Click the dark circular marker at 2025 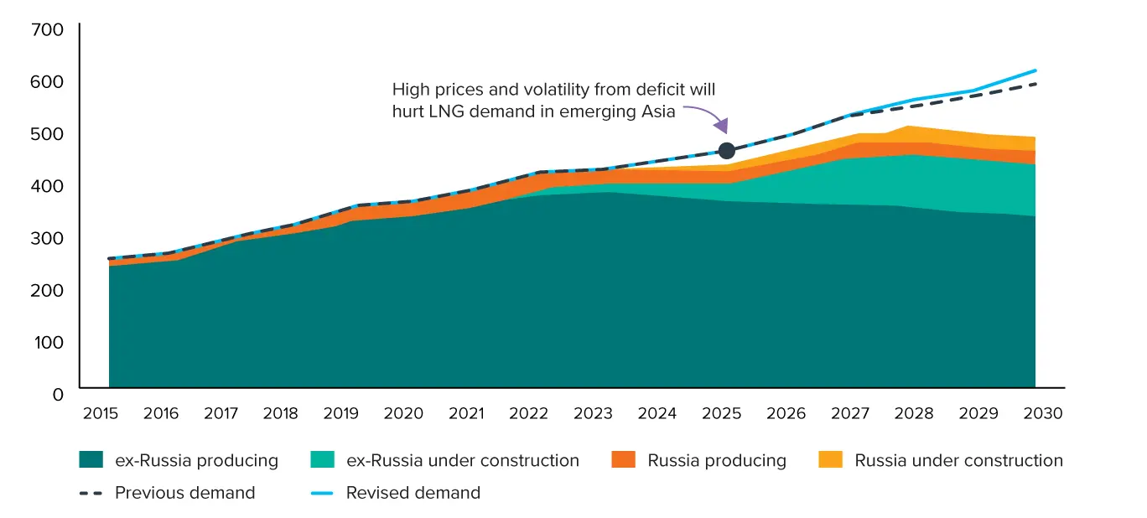click(727, 151)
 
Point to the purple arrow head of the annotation click(721, 126)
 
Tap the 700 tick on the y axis click(47, 29)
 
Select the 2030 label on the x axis click(1042, 413)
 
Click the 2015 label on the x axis click(101, 413)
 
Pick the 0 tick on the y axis click(58, 395)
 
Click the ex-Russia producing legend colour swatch click(91, 459)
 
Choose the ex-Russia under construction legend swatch click(323, 459)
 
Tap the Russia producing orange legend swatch click(623, 459)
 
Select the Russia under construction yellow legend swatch click(830, 459)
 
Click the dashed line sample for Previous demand click(91, 493)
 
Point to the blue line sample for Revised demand click(322, 493)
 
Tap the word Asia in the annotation click(658, 111)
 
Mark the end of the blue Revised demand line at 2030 click(1035, 70)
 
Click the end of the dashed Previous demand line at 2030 click(1035, 84)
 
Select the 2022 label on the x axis click(528, 413)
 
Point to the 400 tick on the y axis click(47, 186)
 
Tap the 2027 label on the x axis click(850, 413)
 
